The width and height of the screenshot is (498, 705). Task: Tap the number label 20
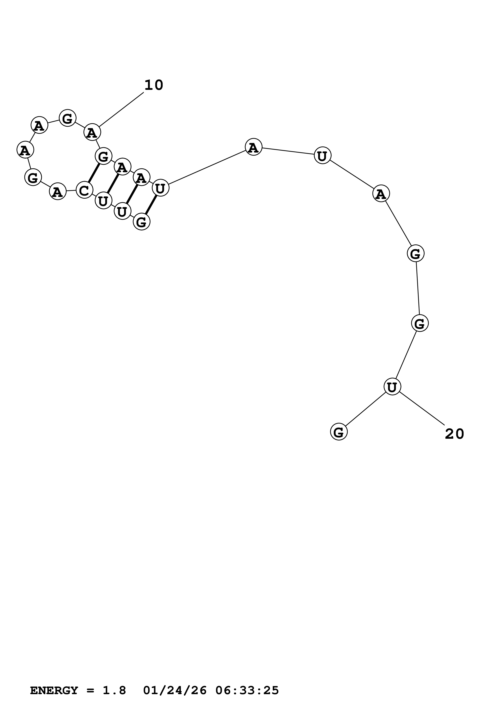point(454,434)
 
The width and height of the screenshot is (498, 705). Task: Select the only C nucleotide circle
point(84,190)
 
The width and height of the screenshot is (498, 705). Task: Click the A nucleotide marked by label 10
point(92,132)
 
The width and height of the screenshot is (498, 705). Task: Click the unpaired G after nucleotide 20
point(338,432)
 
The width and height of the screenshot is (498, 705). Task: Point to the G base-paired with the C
point(103,156)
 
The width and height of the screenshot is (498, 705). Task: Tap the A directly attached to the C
point(58,192)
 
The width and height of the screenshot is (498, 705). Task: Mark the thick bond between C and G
point(94,173)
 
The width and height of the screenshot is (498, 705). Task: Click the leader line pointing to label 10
point(121,109)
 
